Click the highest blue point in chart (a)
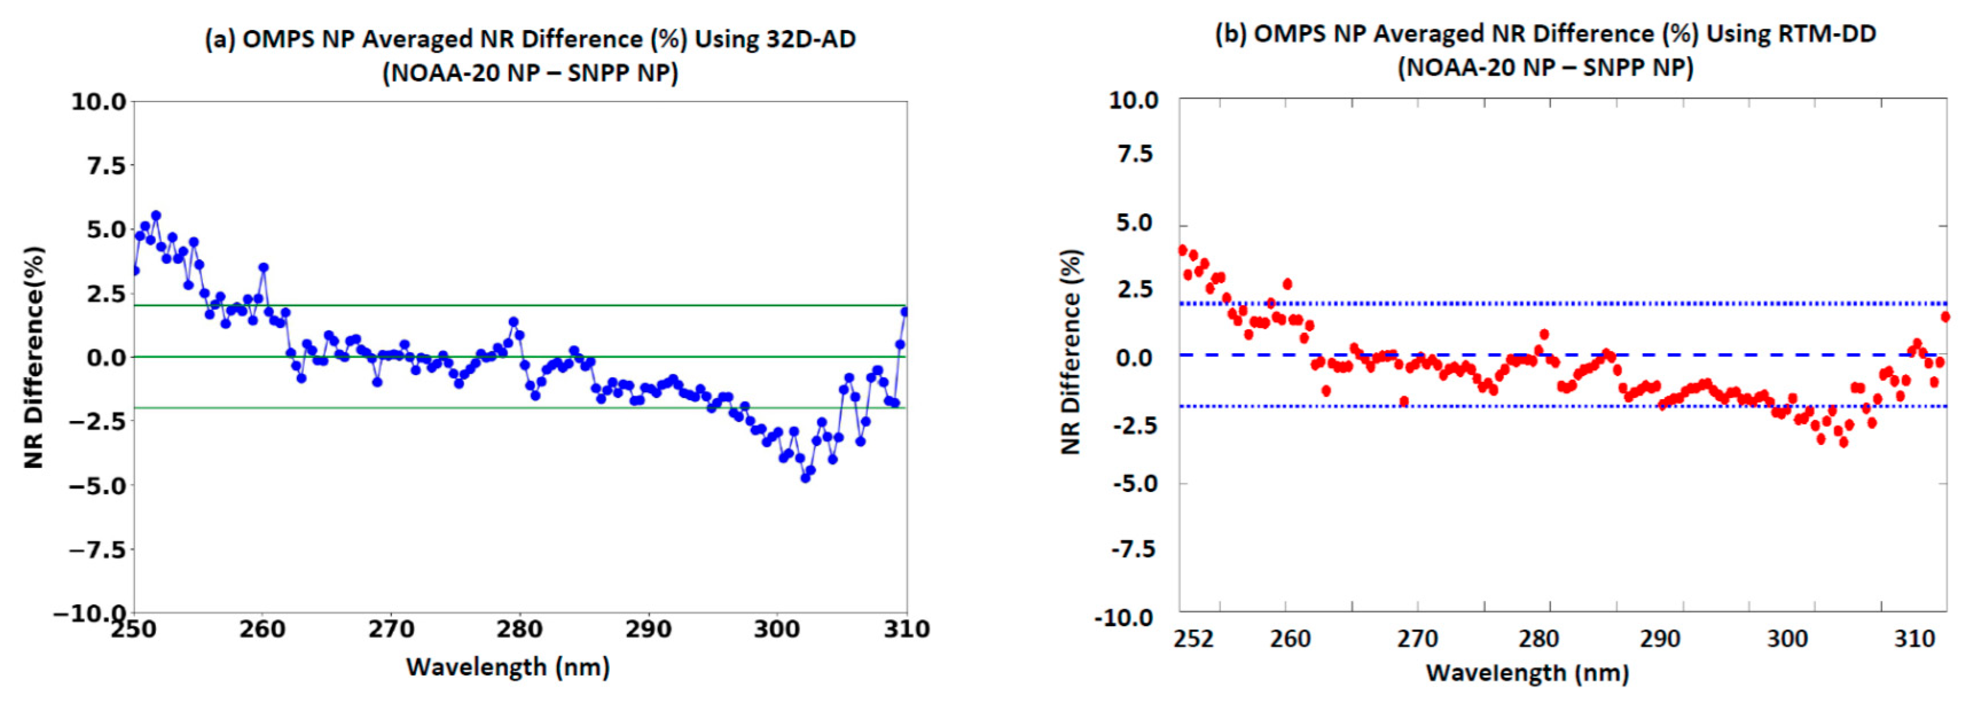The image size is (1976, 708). click(156, 216)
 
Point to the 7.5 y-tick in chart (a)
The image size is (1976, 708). click(97, 166)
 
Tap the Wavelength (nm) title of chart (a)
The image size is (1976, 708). click(508, 667)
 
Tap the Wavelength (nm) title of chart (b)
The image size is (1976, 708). click(1527, 672)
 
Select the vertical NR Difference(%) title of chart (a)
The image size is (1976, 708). click(34, 357)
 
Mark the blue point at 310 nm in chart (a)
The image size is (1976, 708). click(905, 311)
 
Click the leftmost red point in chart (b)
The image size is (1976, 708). click(1182, 250)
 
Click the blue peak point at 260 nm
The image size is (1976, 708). click(263, 268)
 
